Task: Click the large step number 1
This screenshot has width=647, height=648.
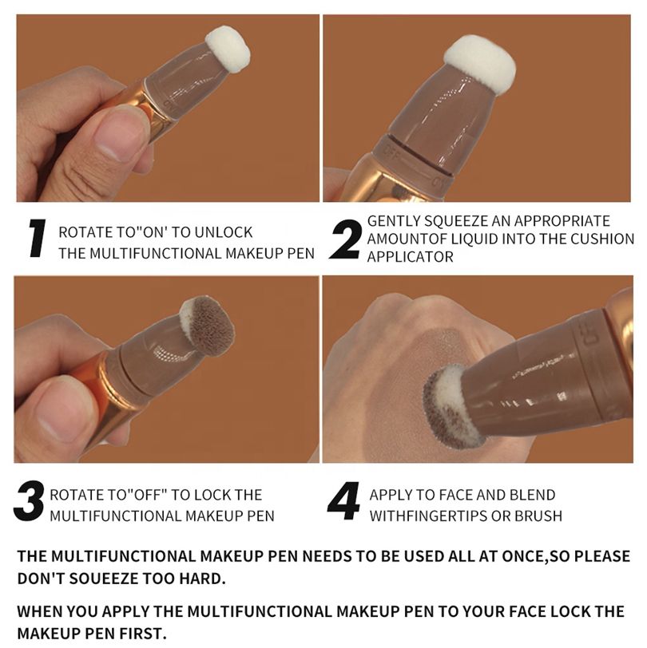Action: click(x=37, y=238)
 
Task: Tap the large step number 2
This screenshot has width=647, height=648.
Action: click(x=345, y=239)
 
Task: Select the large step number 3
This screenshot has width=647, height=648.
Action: click(x=29, y=500)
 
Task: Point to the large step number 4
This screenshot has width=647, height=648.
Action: click(x=343, y=500)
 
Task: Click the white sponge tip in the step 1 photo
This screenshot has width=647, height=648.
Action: click(x=228, y=49)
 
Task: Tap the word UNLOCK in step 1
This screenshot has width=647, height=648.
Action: click(x=224, y=232)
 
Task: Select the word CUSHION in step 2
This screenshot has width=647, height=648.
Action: click(x=602, y=239)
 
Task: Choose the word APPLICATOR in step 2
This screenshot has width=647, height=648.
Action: click(x=410, y=257)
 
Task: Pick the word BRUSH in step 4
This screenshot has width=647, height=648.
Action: click(x=538, y=516)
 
